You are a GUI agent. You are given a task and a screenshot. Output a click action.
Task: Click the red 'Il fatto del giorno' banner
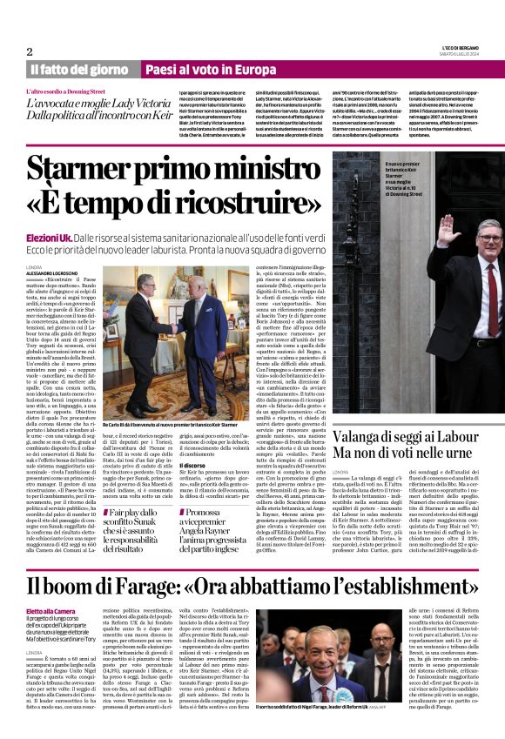tap(78, 70)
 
